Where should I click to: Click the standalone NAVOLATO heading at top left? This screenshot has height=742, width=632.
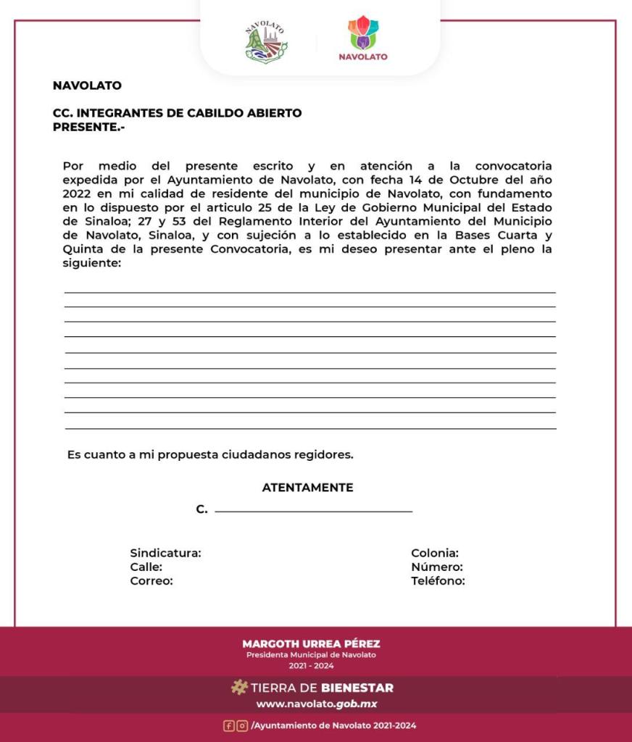coord(87,86)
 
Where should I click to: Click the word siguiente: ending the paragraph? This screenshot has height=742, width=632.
coord(91,264)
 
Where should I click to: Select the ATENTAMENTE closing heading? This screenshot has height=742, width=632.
coord(307,488)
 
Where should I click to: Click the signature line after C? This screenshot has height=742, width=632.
coord(313,512)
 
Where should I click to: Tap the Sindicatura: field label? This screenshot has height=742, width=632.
coord(165,553)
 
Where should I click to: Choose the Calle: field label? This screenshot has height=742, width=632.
coord(146,567)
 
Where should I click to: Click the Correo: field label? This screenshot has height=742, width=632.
coord(151,580)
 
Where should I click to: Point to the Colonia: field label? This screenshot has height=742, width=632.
coord(435,553)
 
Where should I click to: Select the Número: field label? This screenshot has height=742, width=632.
coord(436,567)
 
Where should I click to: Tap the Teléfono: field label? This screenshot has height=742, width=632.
coord(438,580)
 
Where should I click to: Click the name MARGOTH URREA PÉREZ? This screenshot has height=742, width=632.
coord(311,643)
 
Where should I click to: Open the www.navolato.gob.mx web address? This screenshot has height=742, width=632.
coord(317,704)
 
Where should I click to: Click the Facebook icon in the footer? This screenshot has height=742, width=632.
coord(228,725)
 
